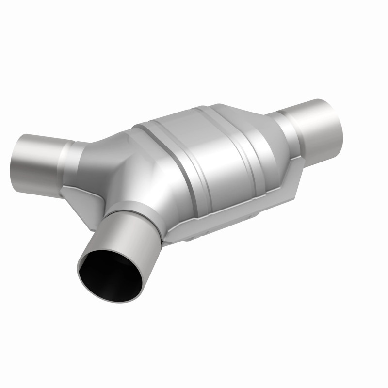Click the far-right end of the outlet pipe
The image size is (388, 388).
click(339, 116)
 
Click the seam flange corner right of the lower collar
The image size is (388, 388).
click(170, 235)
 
